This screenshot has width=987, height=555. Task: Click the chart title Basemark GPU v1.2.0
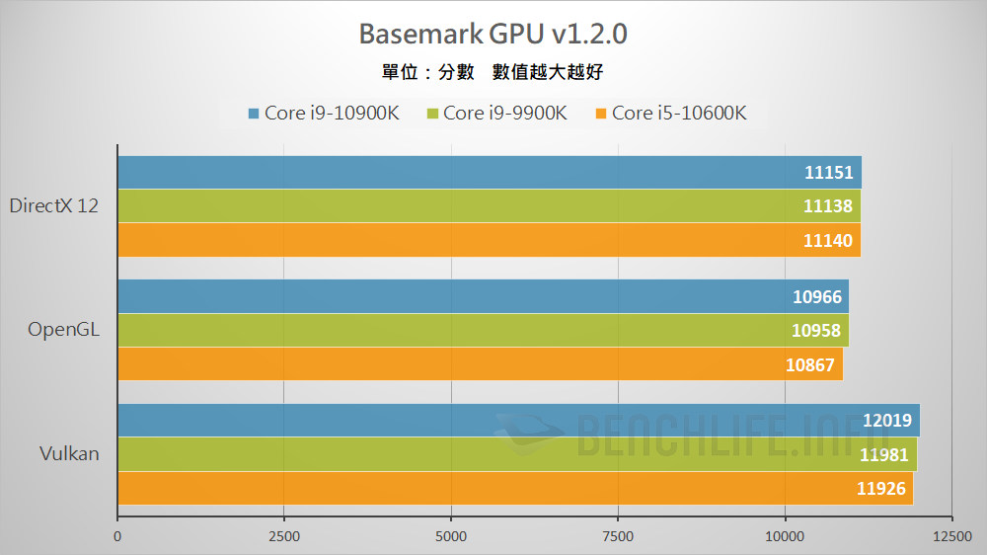(493, 35)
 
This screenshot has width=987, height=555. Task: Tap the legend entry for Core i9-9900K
(496, 113)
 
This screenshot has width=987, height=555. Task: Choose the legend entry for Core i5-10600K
(670, 113)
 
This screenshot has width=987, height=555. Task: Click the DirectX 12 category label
(53, 206)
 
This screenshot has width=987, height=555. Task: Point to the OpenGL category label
(64, 330)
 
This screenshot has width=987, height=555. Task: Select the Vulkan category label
(69, 454)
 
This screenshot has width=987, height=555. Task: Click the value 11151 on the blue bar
(829, 173)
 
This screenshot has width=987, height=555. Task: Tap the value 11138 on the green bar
(829, 206)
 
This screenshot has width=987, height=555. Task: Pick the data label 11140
(829, 240)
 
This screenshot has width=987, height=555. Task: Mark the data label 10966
(817, 296)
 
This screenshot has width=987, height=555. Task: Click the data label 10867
(811, 364)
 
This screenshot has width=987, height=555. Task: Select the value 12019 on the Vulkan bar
(887, 421)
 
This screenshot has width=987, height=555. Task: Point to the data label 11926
(881, 488)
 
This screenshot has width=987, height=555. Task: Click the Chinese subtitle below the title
(493, 72)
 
